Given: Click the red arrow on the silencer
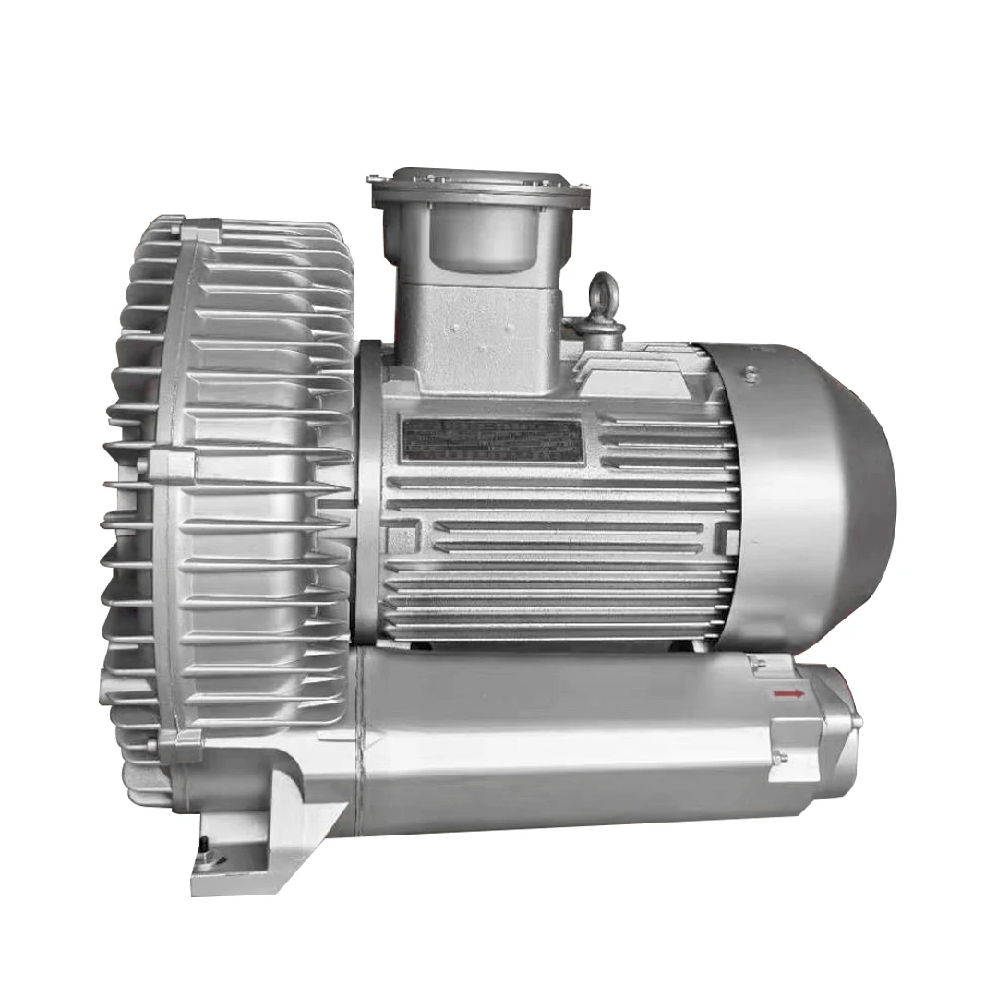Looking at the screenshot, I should tap(787, 692).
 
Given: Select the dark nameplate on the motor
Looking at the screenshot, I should tap(492, 440).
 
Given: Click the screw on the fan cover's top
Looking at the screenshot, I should tap(751, 373).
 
